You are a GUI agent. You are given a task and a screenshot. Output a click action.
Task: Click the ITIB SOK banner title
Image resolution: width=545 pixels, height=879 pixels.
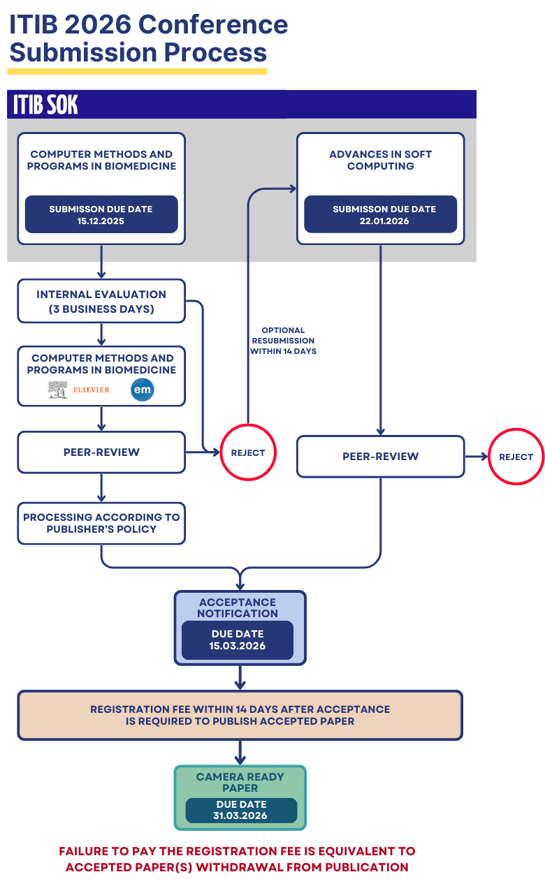pos(45,105)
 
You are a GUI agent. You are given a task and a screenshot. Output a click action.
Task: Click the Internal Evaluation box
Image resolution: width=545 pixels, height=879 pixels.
pos(101,302)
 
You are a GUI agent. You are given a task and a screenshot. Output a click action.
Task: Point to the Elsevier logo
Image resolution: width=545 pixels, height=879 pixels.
pos(79,390)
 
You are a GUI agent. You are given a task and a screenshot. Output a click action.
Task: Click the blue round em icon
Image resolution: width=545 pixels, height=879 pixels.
pos(142,390)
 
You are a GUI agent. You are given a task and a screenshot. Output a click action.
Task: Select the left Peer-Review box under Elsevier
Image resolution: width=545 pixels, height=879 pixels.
pos(101,452)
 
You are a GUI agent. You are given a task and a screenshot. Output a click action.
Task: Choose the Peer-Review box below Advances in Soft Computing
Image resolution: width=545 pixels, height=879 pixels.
pos(381,457)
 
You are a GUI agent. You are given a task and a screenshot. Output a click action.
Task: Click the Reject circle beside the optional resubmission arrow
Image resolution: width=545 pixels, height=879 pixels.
pos(248,452)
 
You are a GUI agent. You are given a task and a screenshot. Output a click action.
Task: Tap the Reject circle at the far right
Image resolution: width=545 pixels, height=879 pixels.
pos(516,457)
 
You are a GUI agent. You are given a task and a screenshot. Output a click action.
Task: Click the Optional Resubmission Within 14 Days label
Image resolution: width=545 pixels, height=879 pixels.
pos(283,341)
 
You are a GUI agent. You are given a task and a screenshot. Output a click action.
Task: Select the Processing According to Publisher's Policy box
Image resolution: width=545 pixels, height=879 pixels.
pos(101,523)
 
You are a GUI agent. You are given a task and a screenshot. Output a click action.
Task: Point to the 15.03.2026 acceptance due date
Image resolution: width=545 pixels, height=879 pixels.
pos(238,640)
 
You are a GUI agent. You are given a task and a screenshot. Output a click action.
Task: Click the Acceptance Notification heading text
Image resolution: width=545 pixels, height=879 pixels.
pos(238,607)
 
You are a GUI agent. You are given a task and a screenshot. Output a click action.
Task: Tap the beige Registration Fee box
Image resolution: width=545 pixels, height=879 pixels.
pos(240,715)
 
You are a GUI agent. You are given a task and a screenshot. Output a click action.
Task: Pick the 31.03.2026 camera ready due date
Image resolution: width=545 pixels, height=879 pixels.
pos(240,811)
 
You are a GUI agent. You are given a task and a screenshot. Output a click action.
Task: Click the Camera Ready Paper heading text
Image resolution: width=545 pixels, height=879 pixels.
pos(240,782)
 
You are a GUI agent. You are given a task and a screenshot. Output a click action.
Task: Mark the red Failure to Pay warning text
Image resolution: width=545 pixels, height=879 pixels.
pos(237,859)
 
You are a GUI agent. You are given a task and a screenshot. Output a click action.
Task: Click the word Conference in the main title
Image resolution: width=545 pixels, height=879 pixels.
pos(213,25)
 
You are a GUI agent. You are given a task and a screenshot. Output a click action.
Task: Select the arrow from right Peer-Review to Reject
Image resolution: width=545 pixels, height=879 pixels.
pos(476,457)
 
